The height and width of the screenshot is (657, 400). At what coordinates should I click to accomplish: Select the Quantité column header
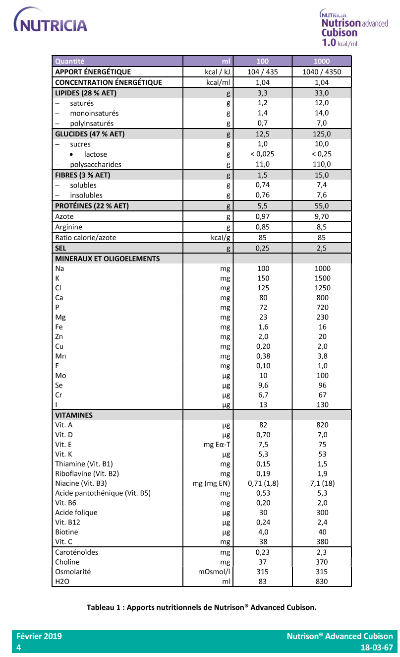point(70,62)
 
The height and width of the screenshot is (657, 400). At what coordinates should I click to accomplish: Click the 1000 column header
point(322,62)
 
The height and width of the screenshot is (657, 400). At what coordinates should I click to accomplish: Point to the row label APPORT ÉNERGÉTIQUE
point(93,72)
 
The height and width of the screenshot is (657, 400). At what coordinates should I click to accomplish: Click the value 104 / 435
point(263,72)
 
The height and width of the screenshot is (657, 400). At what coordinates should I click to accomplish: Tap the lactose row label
point(95,154)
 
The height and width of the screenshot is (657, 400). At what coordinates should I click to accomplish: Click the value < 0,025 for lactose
point(263,154)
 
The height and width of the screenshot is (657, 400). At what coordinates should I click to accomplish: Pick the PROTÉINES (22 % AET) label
point(92,206)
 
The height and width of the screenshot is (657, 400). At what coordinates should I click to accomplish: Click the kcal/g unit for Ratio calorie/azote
point(220,238)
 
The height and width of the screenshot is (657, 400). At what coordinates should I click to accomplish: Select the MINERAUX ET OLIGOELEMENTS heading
point(108,259)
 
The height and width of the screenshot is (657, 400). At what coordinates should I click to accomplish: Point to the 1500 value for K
point(322,278)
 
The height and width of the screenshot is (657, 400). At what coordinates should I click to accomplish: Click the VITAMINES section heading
point(74,415)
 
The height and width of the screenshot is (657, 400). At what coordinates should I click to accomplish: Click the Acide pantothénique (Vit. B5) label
point(103,493)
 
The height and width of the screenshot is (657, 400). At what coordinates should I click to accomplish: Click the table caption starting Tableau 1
point(201,607)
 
